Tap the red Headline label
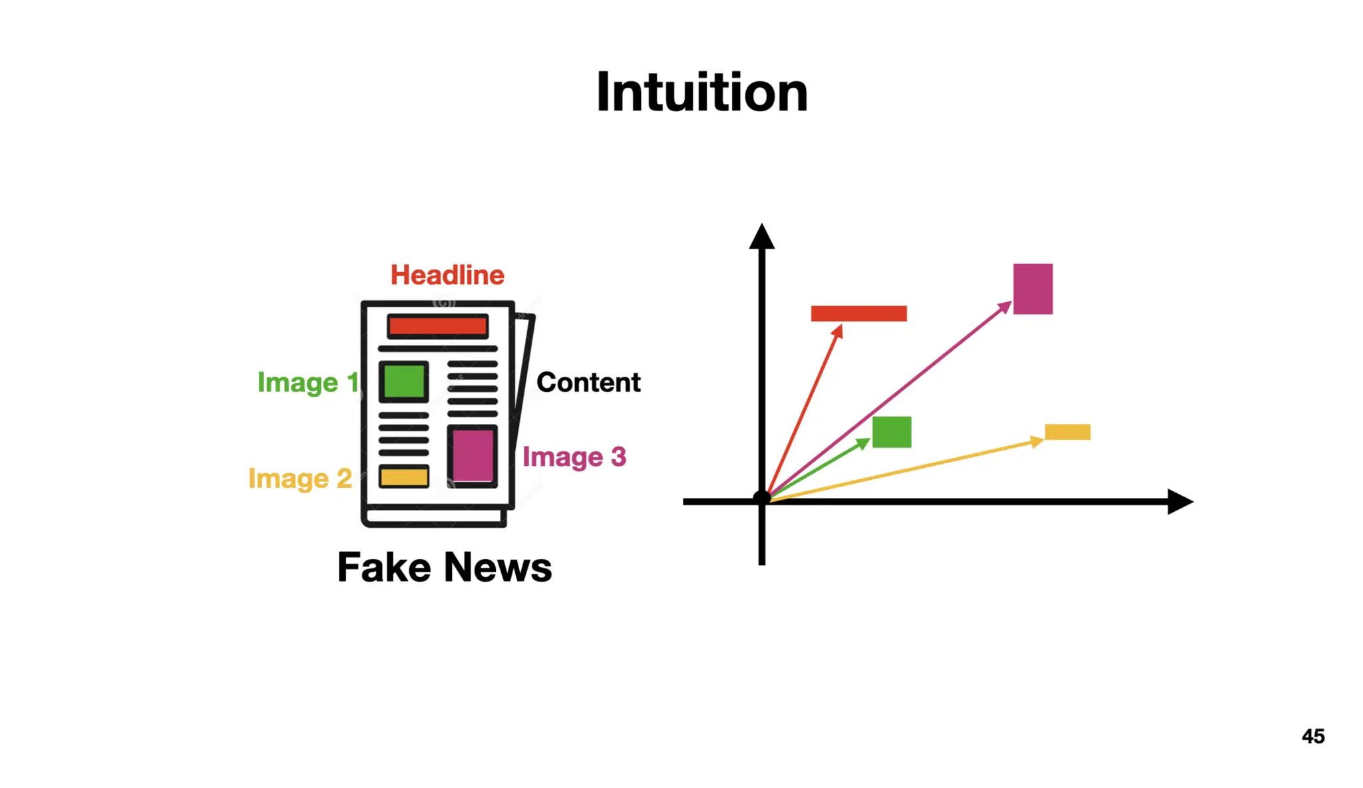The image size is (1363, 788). click(x=447, y=275)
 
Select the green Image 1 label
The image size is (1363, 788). click(x=307, y=382)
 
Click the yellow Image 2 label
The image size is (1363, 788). click(x=300, y=478)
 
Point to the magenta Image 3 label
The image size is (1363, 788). click(x=574, y=457)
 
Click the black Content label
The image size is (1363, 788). click(x=588, y=382)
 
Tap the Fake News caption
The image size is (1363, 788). click(x=445, y=567)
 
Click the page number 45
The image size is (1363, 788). click(x=1313, y=736)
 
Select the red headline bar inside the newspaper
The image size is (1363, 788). click(x=437, y=326)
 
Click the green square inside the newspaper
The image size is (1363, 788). click(x=404, y=381)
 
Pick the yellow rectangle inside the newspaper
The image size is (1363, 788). click(x=404, y=477)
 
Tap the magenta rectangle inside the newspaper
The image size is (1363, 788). click(x=473, y=455)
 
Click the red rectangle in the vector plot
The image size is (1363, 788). click(x=859, y=313)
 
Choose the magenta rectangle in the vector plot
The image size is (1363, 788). click(x=1033, y=289)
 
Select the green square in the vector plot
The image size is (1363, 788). click(x=892, y=432)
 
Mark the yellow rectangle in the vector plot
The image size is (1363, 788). click(x=1068, y=432)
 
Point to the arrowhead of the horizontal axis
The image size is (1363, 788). click(x=1181, y=502)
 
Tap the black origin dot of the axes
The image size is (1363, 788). click(x=762, y=498)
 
